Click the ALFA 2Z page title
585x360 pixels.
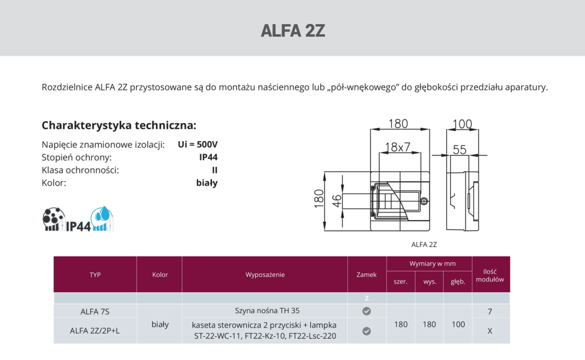[x=292, y=30]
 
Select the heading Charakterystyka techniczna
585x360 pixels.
[x=119, y=125]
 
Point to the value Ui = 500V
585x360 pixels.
[x=198, y=145]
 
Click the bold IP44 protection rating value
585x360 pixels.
[x=208, y=157]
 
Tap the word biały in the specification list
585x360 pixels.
[x=206, y=183]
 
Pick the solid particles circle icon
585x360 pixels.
[x=54, y=217]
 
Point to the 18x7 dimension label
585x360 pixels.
[x=398, y=147]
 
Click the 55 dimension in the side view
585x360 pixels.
[x=460, y=150]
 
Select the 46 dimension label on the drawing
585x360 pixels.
[x=336, y=200]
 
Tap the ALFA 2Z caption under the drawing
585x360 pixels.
[x=424, y=245]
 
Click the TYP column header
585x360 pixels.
[x=95, y=275]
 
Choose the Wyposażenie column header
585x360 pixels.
[x=265, y=275]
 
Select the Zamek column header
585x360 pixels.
[x=366, y=275]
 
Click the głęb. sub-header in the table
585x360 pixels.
[x=458, y=282]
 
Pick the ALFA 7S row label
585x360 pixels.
[x=95, y=311]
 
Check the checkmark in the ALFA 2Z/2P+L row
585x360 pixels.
[x=367, y=331]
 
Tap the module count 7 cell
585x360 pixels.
[x=490, y=311]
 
